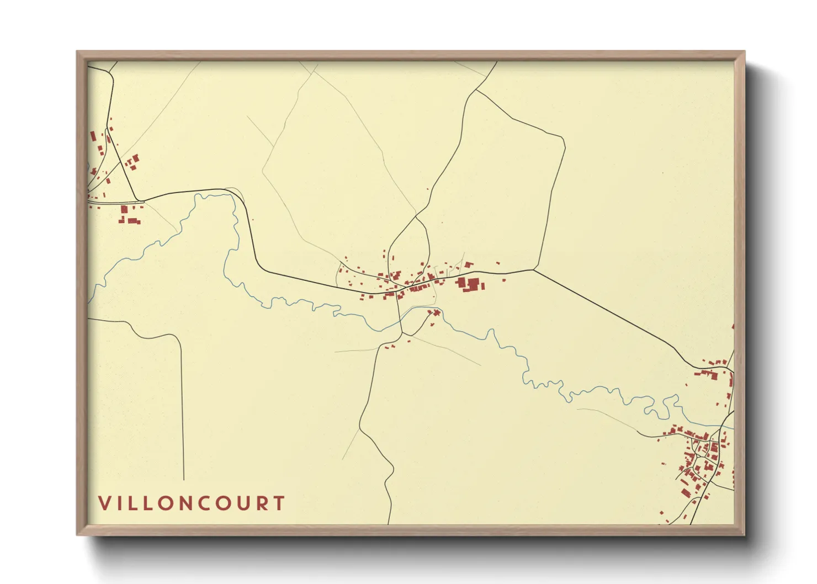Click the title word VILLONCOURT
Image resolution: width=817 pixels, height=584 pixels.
pyautogui.click(x=192, y=503)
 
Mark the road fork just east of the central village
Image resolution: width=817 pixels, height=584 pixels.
pyautogui.click(x=534, y=270)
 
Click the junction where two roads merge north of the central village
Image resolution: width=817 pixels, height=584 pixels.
pyautogui.click(x=415, y=216)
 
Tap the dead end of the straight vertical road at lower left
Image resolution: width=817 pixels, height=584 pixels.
pyautogui.click(x=183, y=479)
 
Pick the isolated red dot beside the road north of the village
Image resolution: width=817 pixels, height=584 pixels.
pyautogui.click(x=428, y=189)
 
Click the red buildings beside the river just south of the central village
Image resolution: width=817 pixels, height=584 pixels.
pyautogui.click(x=434, y=313)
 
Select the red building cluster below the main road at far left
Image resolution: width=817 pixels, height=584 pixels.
pyautogui.click(x=129, y=215)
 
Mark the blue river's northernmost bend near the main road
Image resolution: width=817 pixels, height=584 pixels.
pyautogui.click(x=204, y=195)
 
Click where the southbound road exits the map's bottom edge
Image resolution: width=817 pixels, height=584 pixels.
pyautogui.click(x=389, y=523)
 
